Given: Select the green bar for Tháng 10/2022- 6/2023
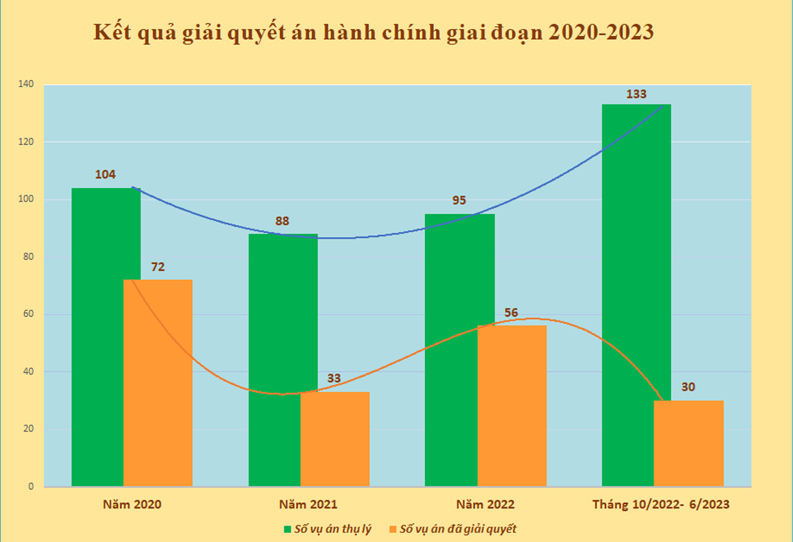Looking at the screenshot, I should (x=628, y=295).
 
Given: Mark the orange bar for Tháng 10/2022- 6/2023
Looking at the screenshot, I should (x=688, y=443).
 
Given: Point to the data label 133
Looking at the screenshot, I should (x=636, y=94).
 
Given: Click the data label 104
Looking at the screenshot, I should (x=105, y=175).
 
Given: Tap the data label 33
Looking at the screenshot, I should (x=334, y=378).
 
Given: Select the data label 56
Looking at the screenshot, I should (x=511, y=313).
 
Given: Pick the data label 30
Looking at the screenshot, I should (x=688, y=387).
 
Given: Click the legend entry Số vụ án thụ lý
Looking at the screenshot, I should (x=327, y=529).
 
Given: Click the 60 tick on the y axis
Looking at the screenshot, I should (x=29, y=314).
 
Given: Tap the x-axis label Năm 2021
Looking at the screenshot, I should (x=308, y=504).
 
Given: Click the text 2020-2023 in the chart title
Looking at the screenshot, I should (x=600, y=32).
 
